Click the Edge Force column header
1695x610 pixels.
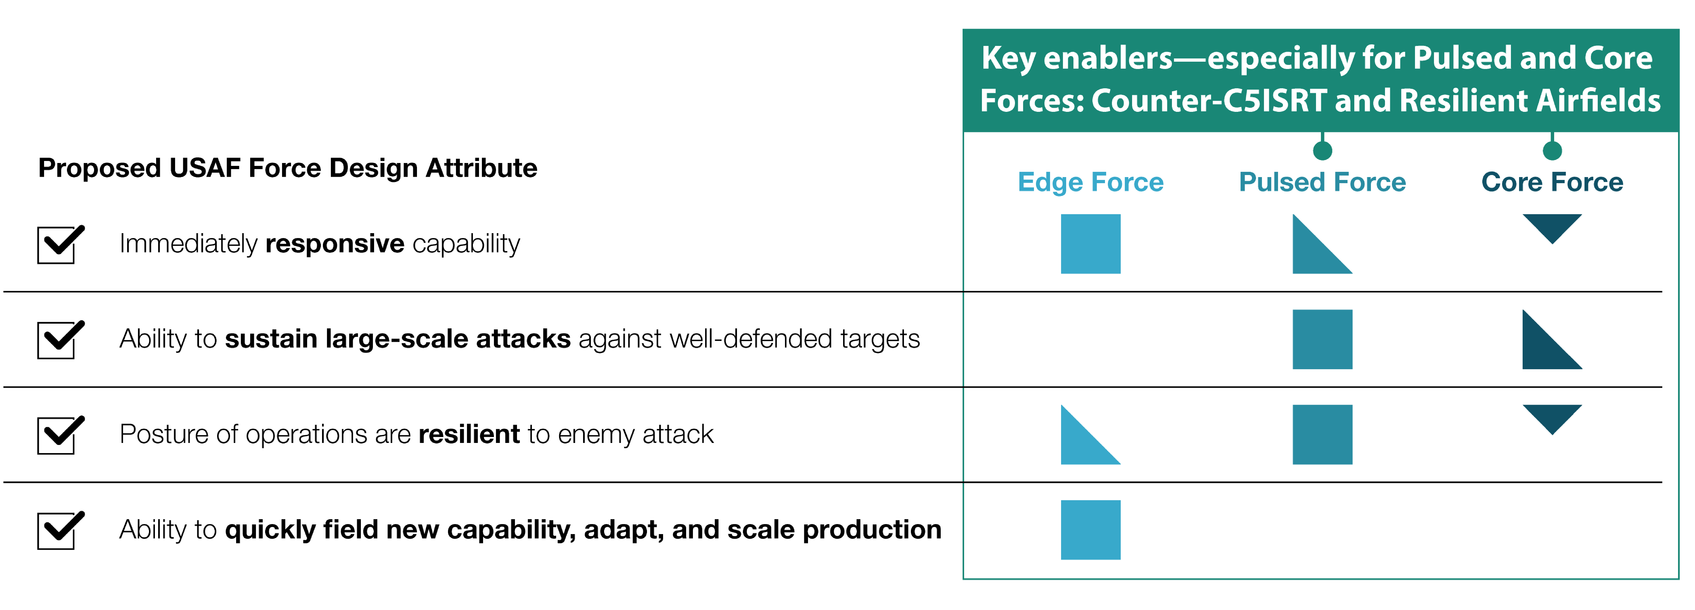pos(1090,182)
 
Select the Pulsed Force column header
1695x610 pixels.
pos(1322,182)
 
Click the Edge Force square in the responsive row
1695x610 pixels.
pos(1090,243)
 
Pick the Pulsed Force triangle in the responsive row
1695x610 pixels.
pos(1313,253)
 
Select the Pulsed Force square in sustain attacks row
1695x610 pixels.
pos(1322,339)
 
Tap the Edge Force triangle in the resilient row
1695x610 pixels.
pos(1081,444)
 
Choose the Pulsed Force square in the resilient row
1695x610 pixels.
pos(1322,434)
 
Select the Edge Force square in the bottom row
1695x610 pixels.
pos(1090,530)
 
